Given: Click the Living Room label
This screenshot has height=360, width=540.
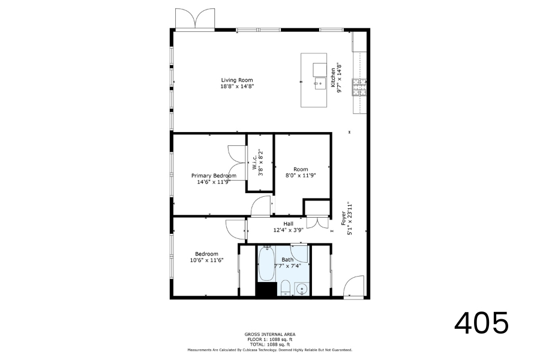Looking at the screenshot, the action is [x=237, y=80].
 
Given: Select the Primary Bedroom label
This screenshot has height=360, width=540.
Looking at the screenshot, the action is [x=214, y=176].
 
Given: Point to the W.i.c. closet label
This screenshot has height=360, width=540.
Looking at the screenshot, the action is [x=254, y=162].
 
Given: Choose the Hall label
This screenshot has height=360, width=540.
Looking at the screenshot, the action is [x=288, y=224].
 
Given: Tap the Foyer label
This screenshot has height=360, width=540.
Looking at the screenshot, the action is [x=343, y=218].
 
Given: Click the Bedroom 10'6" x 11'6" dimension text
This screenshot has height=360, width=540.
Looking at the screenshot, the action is [x=206, y=260].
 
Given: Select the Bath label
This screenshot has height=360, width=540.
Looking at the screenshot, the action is [x=287, y=260].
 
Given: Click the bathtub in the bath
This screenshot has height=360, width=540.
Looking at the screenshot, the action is [x=266, y=263].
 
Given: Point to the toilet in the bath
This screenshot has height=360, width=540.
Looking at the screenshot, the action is [x=286, y=288].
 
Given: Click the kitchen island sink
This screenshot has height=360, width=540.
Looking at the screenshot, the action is [x=320, y=83].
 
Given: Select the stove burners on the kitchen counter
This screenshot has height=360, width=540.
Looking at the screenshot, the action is [x=359, y=87].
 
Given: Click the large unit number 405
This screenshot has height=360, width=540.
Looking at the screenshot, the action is [x=481, y=323].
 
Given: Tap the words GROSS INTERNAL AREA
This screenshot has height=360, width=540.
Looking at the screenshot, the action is [x=270, y=334].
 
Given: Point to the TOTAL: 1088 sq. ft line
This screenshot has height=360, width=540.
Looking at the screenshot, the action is [x=270, y=344].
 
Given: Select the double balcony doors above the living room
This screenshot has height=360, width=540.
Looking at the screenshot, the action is [x=195, y=19].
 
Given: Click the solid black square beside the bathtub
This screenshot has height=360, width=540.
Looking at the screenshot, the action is [x=266, y=289].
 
